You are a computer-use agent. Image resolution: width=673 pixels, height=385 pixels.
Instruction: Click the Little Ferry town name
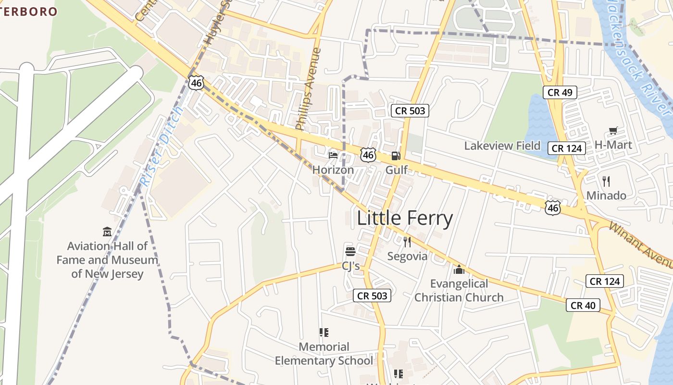click(x=404, y=218)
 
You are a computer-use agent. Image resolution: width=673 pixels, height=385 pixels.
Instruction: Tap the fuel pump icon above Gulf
click(x=396, y=155)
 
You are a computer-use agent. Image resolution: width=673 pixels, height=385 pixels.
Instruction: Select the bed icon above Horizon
click(x=333, y=155)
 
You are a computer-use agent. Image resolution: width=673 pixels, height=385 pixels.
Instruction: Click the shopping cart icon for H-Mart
click(x=613, y=130)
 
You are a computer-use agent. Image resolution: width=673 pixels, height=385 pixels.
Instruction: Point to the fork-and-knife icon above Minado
click(x=606, y=181)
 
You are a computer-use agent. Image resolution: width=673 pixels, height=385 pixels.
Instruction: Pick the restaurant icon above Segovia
click(x=407, y=242)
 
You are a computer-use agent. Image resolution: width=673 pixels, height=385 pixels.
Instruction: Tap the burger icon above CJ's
click(x=350, y=251)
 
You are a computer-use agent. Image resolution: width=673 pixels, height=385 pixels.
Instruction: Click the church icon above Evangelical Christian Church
click(x=459, y=269)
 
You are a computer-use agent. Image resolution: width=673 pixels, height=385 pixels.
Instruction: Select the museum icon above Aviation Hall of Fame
click(x=107, y=231)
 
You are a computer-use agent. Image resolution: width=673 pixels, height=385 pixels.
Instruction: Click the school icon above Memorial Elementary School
click(x=324, y=332)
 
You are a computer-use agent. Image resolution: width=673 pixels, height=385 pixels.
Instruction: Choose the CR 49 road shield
click(x=560, y=92)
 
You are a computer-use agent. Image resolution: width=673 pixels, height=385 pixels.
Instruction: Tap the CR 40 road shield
click(x=583, y=305)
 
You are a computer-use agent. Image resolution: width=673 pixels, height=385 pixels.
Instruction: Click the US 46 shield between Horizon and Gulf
click(x=368, y=154)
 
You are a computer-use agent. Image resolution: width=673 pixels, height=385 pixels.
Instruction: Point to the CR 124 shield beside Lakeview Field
click(x=567, y=148)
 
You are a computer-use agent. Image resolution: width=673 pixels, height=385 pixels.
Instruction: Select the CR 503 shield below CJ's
click(x=372, y=295)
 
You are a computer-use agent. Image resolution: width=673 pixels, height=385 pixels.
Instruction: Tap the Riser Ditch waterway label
click(x=161, y=147)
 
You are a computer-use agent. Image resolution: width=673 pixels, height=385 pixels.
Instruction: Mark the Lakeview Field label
click(x=502, y=145)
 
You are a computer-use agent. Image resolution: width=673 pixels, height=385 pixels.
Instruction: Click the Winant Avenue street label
click(x=642, y=245)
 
